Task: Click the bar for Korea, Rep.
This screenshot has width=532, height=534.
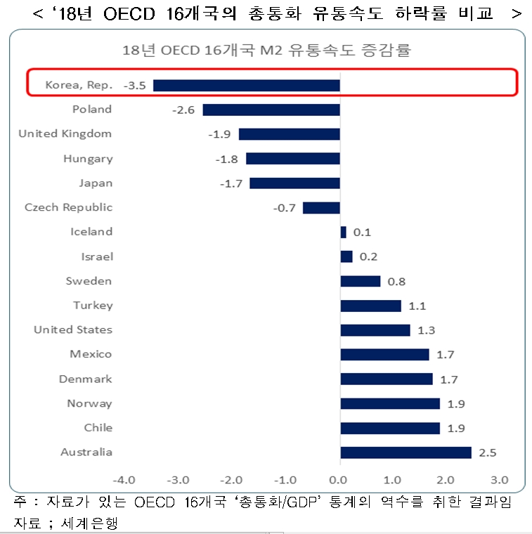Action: click(x=246, y=85)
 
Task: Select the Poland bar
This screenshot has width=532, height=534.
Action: click(x=271, y=110)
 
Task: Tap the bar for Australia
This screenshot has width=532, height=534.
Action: click(x=406, y=452)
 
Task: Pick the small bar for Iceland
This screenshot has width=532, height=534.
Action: click(x=343, y=232)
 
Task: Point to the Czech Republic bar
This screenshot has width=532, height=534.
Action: click(x=321, y=208)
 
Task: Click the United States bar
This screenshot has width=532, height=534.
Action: click(x=375, y=330)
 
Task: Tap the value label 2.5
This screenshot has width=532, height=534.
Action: click(x=487, y=452)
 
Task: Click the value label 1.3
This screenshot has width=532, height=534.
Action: click(x=426, y=330)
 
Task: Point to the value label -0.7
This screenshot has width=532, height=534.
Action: click(x=285, y=208)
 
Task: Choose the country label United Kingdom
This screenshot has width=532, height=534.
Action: click(x=65, y=133)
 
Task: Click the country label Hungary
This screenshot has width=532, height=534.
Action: click(x=88, y=158)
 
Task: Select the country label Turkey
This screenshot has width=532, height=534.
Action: click(x=93, y=305)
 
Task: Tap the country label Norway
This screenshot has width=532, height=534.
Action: click(x=89, y=403)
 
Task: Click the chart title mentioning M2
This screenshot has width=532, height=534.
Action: click(x=266, y=50)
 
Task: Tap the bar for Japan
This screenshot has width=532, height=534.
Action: click(x=294, y=183)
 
